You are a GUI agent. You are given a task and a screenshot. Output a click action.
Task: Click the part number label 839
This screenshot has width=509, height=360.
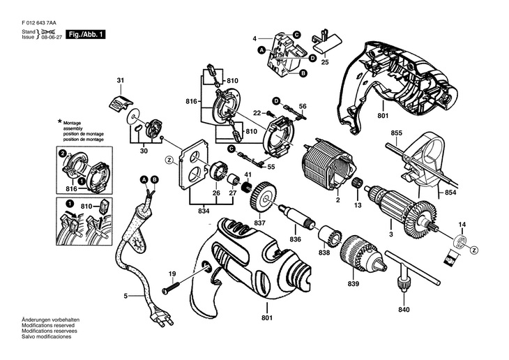[356, 285]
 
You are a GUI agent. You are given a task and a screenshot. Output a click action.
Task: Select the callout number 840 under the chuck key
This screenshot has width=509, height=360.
[404, 309]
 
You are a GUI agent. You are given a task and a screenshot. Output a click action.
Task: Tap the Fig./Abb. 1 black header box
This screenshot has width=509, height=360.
[85, 34]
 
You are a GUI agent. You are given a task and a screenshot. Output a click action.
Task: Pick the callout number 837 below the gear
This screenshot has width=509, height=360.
[260, 223]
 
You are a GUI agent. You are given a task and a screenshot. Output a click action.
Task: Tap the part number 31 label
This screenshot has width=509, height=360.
[119, 82]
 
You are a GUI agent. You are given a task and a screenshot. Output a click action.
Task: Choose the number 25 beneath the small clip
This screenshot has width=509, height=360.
[324, 62]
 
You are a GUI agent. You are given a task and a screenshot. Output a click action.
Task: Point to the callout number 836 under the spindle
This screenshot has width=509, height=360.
[295, 239]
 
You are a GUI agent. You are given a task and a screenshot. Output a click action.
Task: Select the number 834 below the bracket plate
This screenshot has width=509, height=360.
[202, 210]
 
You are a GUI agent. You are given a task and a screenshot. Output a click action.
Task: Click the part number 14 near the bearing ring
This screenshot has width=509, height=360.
[461, 224]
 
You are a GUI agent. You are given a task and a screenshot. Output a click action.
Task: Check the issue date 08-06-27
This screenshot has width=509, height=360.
[50, 38]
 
